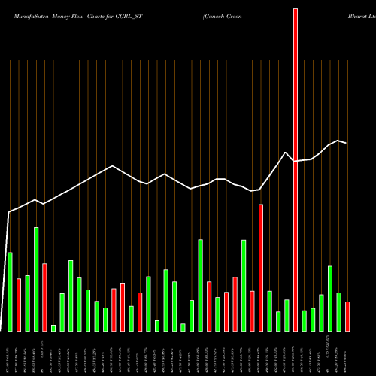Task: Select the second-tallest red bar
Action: click(261, 267)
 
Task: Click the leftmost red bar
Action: click(19, 305)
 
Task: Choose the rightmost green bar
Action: click(338, 311)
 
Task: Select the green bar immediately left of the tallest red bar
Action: click(287, 315)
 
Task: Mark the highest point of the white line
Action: click(339, 141)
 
